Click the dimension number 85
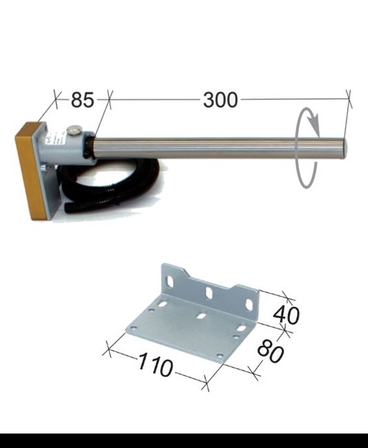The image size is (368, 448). click(x=82, y=100)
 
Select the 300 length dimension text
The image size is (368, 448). click(x=221, y=100)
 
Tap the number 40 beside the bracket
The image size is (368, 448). click(x=286, y=315)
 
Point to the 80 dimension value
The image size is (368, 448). click(x=271, y=351)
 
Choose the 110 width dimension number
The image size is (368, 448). click(x=156, y=365)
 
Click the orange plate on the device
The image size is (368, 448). click(x=30, y=171)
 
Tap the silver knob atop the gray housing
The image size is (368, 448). click(x=74, y=130)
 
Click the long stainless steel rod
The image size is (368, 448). click(x=220, y=148)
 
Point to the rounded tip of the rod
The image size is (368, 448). click(x=345, y=148)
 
